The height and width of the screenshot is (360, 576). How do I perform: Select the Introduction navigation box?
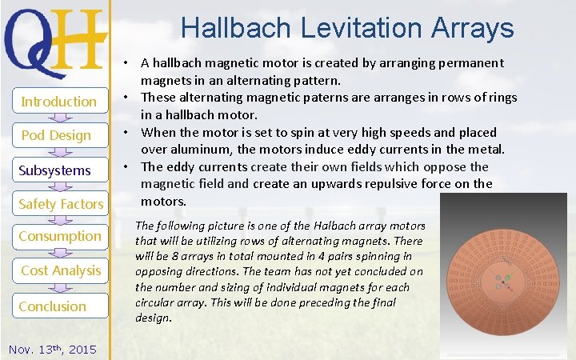click(x=58, y=102)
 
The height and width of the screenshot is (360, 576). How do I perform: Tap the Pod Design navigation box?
click(x=56, y=135)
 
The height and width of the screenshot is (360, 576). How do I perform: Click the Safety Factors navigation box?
click(x=61, y=204)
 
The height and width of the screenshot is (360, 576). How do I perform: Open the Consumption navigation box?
click(x=60, y=236)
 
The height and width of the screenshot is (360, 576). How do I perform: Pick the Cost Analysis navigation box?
click(x=61, y=270)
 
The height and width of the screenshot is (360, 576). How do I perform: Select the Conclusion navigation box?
click(x=53, y=306)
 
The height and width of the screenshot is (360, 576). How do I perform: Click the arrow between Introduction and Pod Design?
click(x=58, y=118)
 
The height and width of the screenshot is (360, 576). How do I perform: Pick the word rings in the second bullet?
click(x=500, y=98)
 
